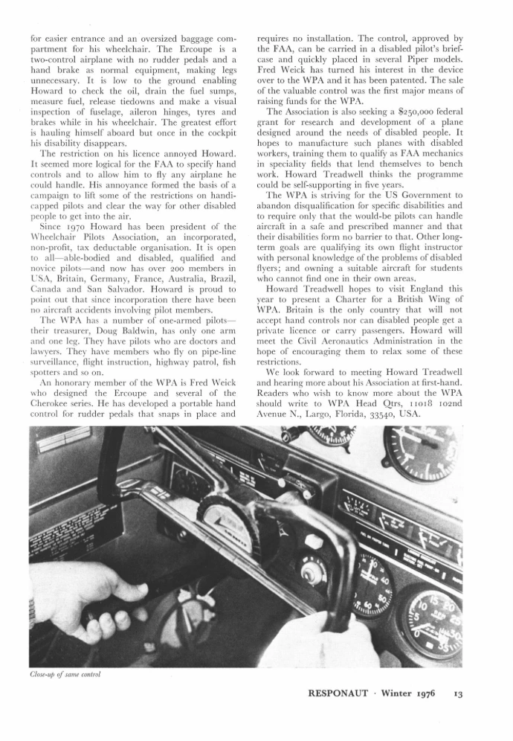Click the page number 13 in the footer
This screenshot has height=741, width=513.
[x=457, y=694]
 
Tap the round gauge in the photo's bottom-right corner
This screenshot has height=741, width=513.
[x=430, y=618]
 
